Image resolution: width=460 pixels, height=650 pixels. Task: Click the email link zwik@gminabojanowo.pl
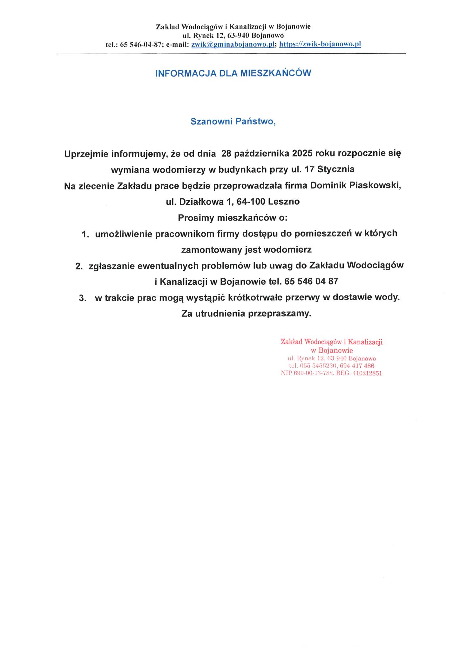[233, 44]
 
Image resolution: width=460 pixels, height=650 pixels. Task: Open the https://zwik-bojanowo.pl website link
[320, 44]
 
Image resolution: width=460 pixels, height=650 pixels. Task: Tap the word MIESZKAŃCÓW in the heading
[275, 73]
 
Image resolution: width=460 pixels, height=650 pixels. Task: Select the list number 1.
[85, 234]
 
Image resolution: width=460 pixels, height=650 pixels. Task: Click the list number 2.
[79, 266]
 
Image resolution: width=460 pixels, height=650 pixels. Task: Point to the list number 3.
[82, 298]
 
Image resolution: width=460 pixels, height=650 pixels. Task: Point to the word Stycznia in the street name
[336, 169]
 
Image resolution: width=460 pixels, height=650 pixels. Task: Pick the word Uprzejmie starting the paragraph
[85, 154]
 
